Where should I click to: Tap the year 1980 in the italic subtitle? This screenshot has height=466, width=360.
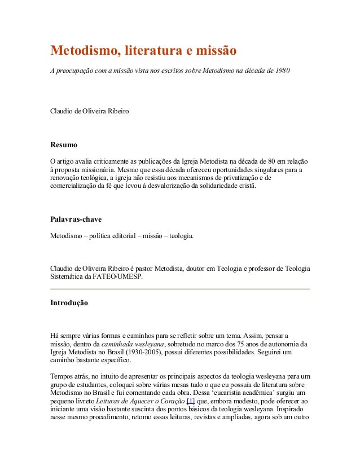click(282, 72)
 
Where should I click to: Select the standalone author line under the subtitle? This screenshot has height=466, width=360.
click(90, 111)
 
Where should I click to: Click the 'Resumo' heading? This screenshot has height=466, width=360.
click(64, 145)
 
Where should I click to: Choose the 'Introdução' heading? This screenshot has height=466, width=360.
click(69, 303)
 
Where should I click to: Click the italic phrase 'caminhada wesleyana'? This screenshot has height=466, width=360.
click(133, 344)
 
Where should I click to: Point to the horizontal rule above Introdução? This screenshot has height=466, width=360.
click(180, 289)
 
